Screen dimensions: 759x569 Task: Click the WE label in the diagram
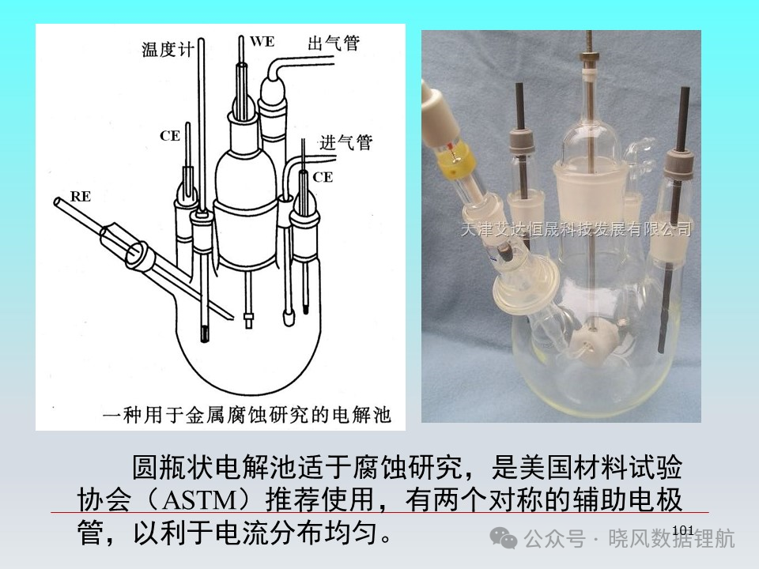tap(262, 42)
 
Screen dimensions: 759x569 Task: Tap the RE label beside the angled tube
tap(81, 197)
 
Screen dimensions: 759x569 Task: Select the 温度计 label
tap(168, 49)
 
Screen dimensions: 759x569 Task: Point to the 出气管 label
tap(334, 43)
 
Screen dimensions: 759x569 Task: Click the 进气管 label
tap(346, 142)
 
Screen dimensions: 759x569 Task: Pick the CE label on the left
tap(170, 136)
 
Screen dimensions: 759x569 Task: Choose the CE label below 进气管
tap(323, 177)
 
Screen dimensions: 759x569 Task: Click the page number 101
tap(682, 530)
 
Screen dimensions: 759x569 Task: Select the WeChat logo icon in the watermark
tap(504, 538)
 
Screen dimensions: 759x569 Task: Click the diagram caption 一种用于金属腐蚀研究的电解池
tap(247, 415)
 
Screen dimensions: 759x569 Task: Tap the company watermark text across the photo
tap(576, 228)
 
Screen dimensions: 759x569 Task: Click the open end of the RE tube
tap(57, 200)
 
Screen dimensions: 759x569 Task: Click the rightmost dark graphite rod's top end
tap(685, 89)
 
